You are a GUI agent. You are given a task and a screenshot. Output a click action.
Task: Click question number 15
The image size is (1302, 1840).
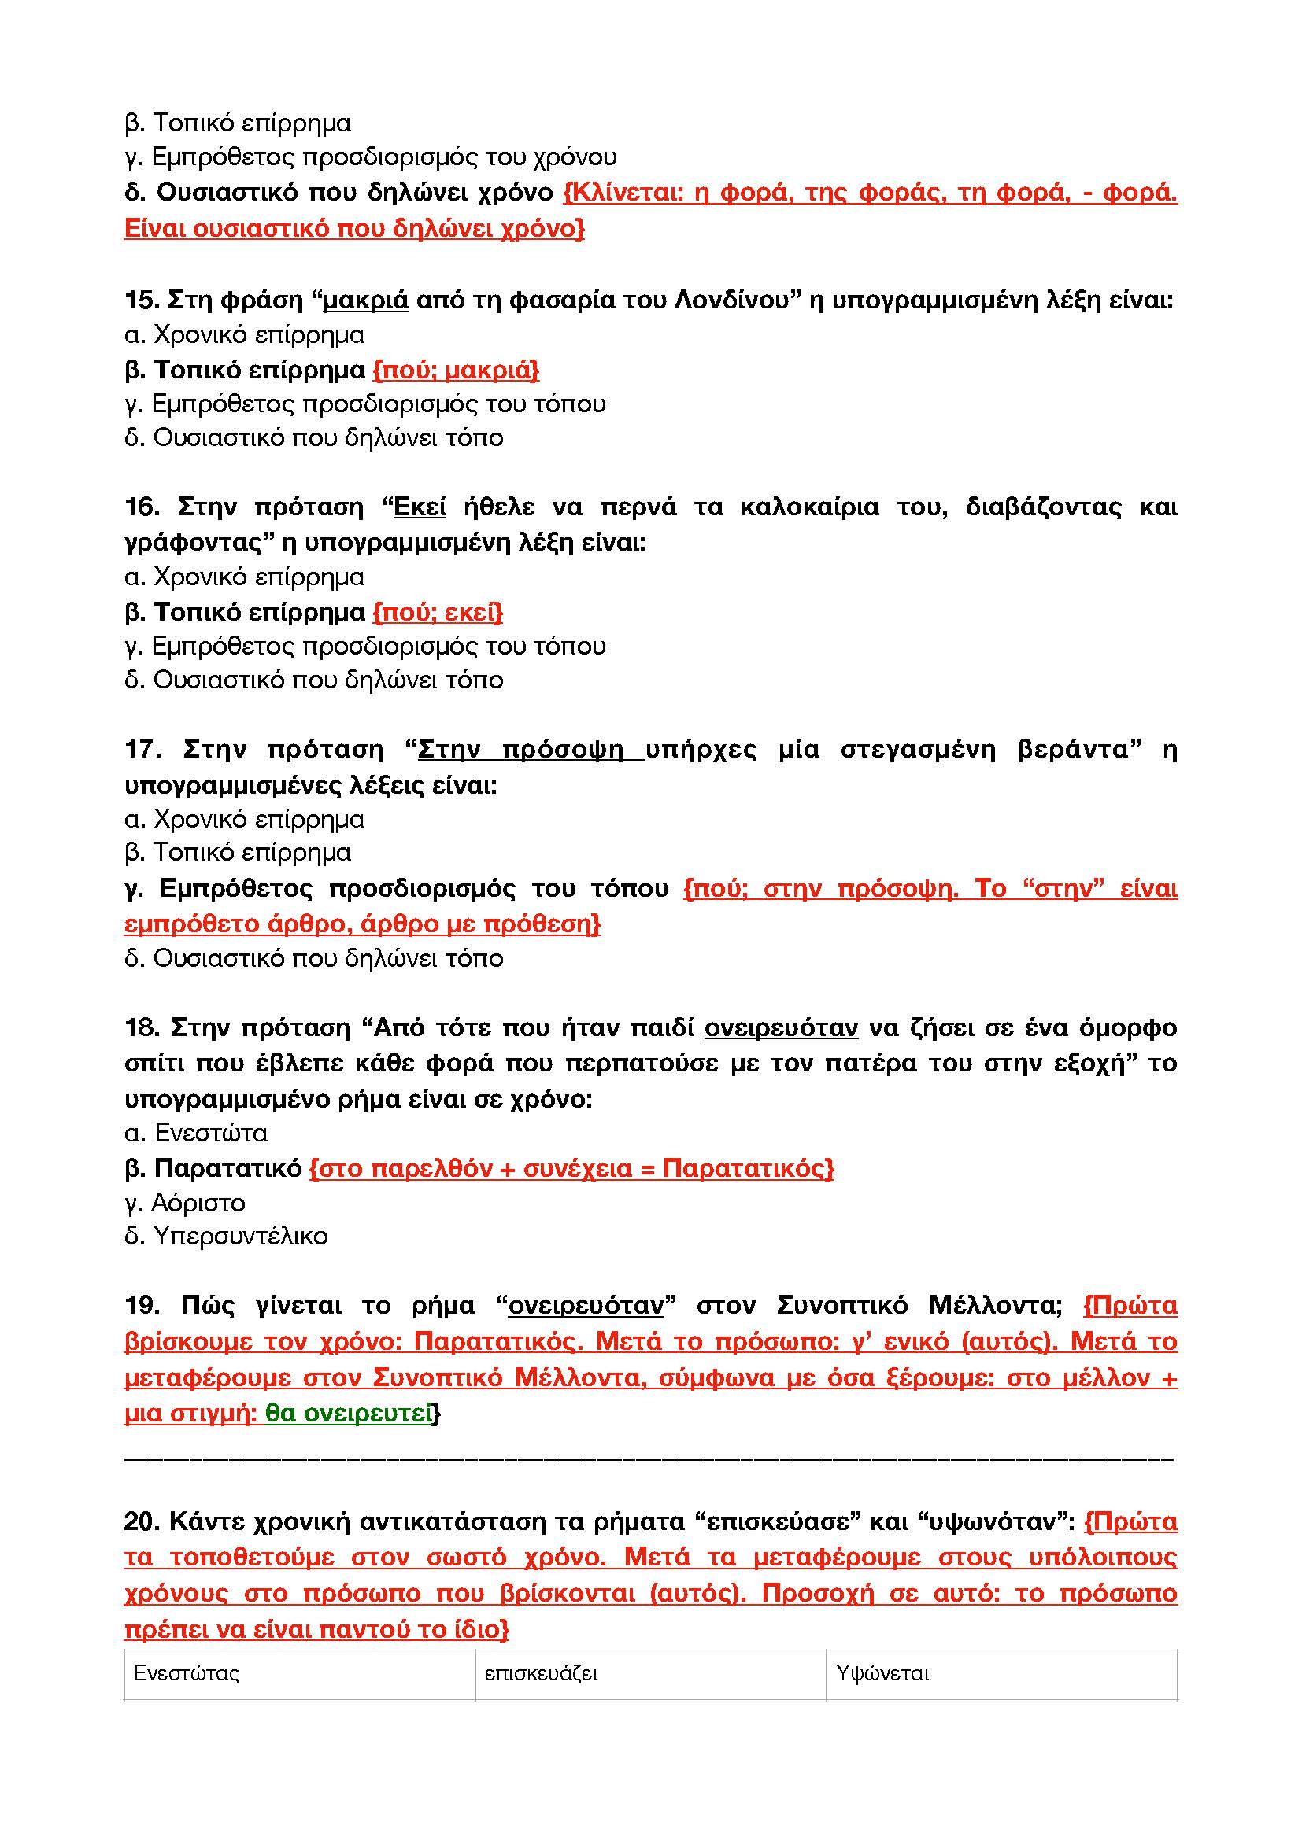coord(142,301)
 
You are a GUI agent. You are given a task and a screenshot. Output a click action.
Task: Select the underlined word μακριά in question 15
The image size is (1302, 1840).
coord(365,301)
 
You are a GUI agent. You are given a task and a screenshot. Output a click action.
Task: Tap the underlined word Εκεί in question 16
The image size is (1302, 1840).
coord(420,507)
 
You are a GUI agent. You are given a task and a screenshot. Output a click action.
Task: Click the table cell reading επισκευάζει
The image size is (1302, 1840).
coord(541,1673)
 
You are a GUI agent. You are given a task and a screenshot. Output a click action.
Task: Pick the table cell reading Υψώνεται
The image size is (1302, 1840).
coord(882,1673)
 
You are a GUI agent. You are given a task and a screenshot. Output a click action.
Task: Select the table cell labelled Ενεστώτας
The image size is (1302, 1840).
coord(187,1673)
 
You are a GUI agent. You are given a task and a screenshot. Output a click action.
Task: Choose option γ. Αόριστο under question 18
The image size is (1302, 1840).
coord(185,1203)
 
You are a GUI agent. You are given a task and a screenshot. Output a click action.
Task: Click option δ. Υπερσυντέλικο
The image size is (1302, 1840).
coord(226,1237)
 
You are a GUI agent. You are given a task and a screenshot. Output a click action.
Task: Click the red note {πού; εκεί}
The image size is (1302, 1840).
coord(438,613)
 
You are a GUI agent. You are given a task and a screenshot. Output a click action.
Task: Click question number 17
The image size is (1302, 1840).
coord(142,750)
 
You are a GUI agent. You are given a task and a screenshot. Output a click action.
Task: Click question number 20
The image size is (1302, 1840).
coord(142,1521)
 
